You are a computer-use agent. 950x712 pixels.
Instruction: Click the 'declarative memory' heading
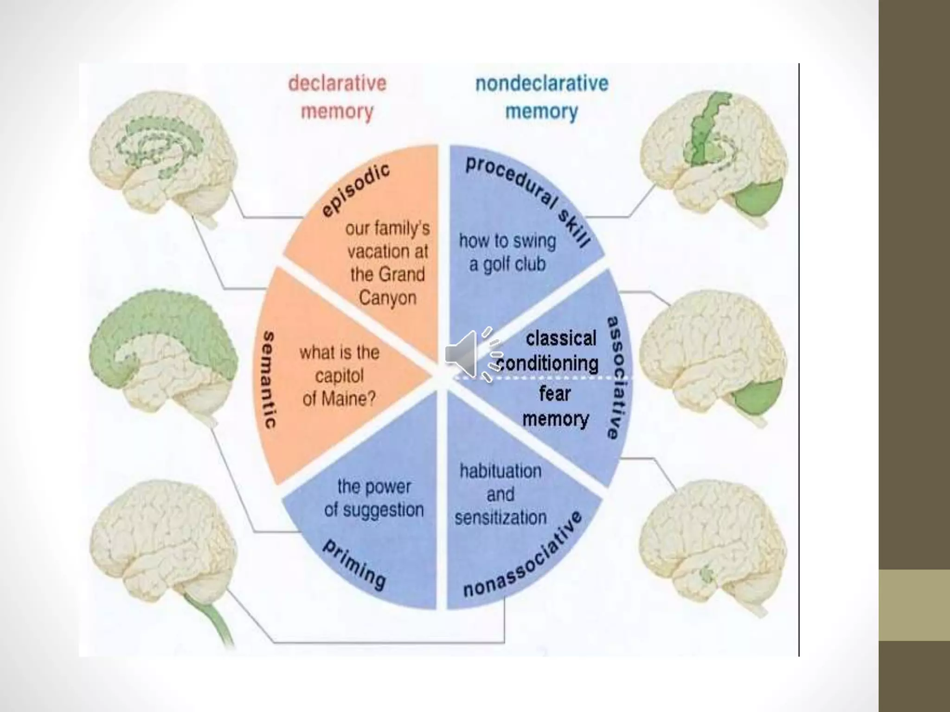[x=337, y=98]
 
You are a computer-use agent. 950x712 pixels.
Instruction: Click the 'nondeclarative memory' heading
[x=542, y=98]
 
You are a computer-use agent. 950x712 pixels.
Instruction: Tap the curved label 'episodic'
[x=356, y=190]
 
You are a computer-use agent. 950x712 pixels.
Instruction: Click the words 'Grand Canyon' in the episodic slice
[x=388, y=286]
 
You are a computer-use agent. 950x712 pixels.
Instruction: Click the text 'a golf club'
[x=507, y=265]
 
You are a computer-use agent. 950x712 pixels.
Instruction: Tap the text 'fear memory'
[x=555, y=406]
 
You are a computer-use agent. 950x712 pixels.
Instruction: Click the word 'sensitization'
[x=501, y=517]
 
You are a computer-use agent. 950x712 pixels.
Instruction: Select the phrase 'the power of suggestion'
[x=374, y=498]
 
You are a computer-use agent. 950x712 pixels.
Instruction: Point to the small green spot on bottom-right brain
[x=706, y=575]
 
